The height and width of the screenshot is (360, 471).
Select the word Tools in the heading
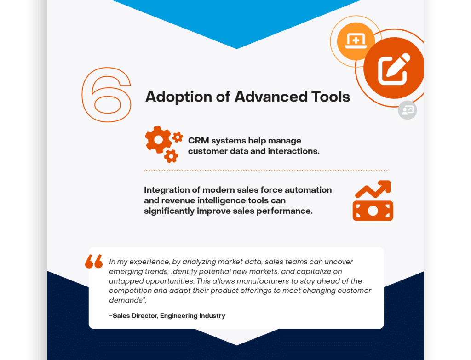click(x=331, y=97)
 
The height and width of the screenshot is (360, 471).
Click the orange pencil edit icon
click(x=394, y=68)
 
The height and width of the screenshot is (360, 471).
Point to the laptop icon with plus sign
click(x=356, y=41)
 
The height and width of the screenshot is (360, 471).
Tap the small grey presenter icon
click(x=408, y=110)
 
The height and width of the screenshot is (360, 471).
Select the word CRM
click(x=198, y=141)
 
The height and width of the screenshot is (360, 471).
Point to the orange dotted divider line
click(x=265, y=170)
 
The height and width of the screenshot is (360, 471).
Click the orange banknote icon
click(x=373, y=211)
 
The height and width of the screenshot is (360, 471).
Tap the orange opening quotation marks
click(x=94, y=261)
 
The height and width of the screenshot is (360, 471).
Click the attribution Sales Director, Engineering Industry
click(x=167, y=315)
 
